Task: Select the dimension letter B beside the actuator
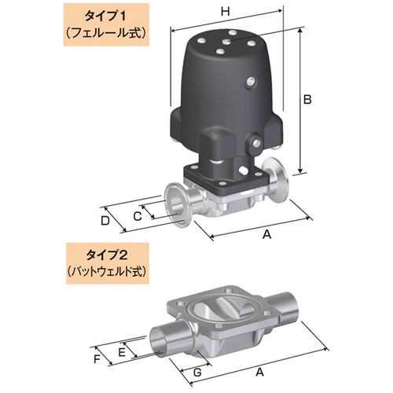[x=308, y=99]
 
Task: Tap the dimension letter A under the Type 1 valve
[x=265, y=234]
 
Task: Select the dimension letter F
[x=97, y=360]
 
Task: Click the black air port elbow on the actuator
[x=216, y=148]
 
